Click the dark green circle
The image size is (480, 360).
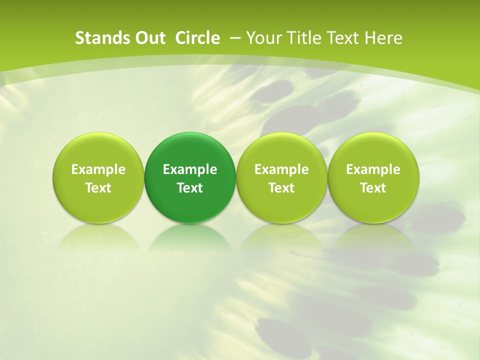click(x=190, y=177)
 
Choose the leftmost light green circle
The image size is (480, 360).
click(x=98, y=177)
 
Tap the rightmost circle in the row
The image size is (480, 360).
click(x=373, y=177)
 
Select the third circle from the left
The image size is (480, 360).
click(x=281, y=177)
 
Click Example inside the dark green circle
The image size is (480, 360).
click(x=190, y=169)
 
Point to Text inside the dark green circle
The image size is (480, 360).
click(x=190, y=188)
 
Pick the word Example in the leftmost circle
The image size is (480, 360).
click(x=98, y=169)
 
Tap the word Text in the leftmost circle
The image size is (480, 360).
click(x=98, y=188)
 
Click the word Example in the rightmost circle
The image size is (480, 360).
click(x=373, y=169)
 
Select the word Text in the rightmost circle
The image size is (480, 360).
click(x=373, y=188)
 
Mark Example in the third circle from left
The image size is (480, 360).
click(x=281, y=169)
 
